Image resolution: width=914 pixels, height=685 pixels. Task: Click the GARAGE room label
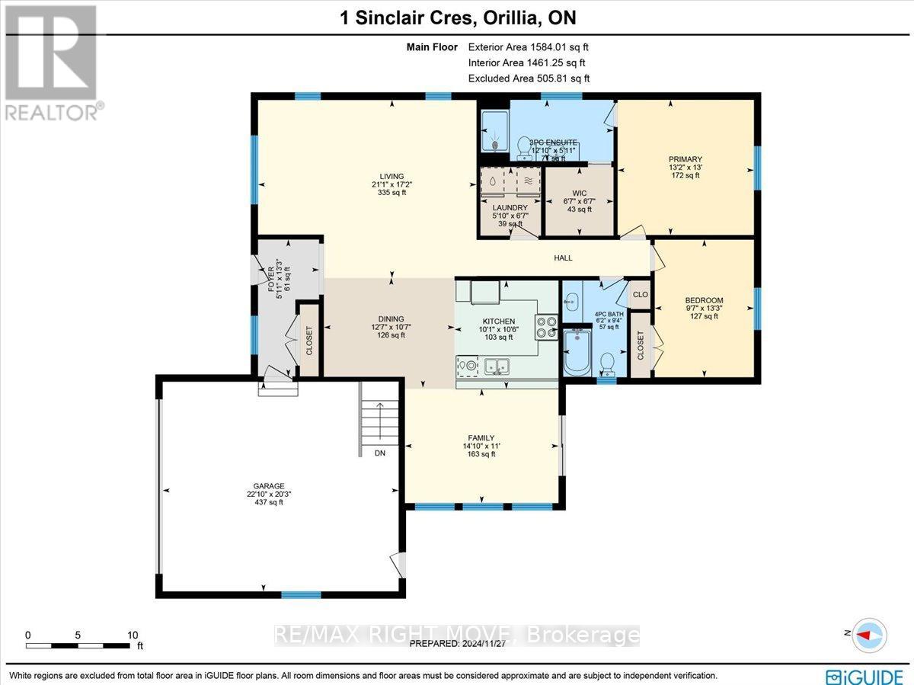coord(269,485)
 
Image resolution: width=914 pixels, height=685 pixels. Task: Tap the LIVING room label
coord(392,176)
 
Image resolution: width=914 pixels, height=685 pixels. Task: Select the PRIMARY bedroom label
coord(686,159)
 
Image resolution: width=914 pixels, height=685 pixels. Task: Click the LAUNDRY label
coord(510,207)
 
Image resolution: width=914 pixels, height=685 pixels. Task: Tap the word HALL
coord(563,258)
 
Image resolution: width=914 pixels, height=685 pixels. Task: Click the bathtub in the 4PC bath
coord(577,352)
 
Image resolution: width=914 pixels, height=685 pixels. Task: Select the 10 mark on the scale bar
coord(132,635)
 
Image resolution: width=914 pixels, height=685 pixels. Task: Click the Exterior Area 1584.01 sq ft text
coord(529,47)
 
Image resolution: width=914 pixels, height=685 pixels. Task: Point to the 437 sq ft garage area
coord(269,502)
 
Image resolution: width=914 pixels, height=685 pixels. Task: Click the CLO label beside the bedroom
coord(641,294)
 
